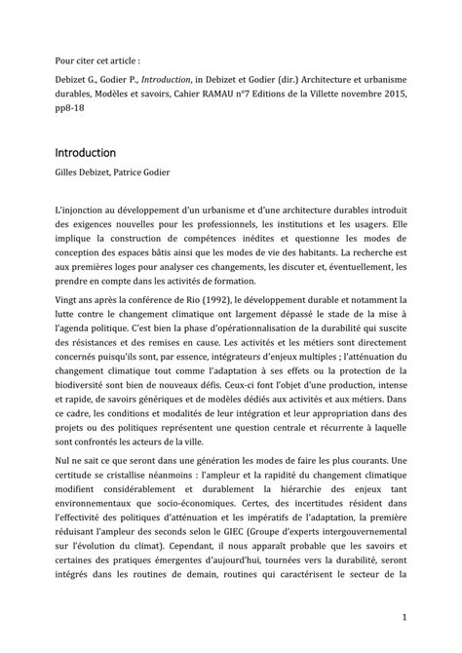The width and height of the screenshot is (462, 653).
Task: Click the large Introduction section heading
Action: [85, 153]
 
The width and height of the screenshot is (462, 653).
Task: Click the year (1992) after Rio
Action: [203, 302]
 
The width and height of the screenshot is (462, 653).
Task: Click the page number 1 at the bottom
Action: [403, 619]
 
